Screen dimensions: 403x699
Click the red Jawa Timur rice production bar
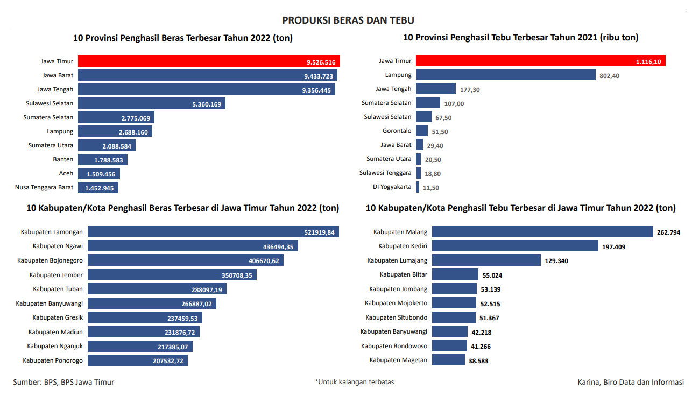tap(209, 61)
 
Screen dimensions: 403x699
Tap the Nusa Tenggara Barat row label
tap(44, 187)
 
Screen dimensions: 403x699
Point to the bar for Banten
tap(102, 160)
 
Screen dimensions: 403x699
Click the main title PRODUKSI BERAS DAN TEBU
tap(348, 20)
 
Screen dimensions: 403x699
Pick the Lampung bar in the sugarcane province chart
tap(505, 75)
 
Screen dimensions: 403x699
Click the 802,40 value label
tap(609, 76)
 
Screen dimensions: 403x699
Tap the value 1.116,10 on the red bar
tap(648, 62)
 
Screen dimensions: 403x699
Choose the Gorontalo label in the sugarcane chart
tap(397, 131)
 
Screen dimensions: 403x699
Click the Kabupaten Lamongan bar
tap(213, 232)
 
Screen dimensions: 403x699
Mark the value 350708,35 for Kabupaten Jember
tap(234, 275)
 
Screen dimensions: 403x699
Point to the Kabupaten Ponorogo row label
tap(53, 360)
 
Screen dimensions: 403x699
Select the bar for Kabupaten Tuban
tap(157, 289)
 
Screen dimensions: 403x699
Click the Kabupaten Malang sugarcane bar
tap(542, 232)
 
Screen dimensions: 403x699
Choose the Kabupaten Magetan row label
tap(398, 360)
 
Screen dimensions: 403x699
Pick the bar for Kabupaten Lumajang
tap(486, 260)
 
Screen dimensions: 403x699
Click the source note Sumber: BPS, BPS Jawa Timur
tap(63, 382)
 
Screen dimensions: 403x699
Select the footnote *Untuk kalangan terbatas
tap(355, 382)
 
